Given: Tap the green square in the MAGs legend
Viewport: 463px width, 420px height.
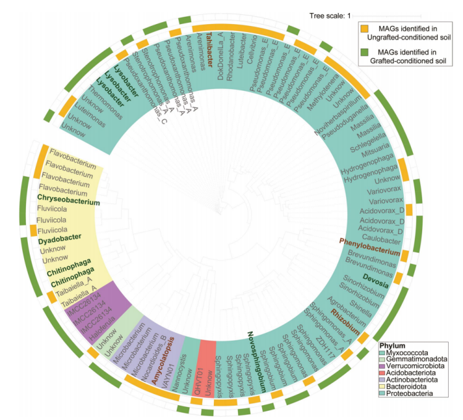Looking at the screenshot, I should tap(366, 53).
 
